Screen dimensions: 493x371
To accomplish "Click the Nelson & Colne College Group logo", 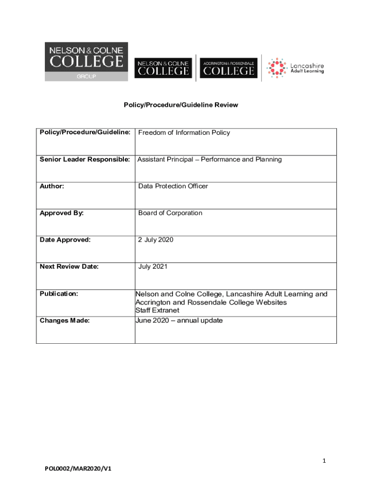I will [87, 62].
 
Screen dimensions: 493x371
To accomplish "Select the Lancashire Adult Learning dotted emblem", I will [277, 68].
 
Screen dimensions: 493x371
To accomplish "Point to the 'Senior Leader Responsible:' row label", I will [85, 159].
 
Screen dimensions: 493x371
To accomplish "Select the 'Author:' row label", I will [52, 186].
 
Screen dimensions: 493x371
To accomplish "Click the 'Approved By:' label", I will [62, 213].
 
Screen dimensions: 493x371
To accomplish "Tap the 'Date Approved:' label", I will [65, 240].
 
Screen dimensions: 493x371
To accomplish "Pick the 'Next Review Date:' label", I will [69, 267].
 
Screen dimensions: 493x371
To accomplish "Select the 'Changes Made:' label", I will [65, 320].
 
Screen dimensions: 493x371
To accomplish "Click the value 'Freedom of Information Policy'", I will [184, 132].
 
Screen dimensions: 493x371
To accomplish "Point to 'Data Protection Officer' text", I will [173, 186].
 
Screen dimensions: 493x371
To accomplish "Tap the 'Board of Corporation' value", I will [170, 213].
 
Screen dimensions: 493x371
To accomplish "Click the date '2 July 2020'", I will [156, 240].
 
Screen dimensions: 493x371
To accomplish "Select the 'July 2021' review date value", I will [153, 267].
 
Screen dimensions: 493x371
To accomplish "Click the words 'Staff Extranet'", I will [157, 311].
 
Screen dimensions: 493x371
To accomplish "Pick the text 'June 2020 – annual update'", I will [179, 320].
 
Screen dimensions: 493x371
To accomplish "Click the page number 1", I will [325, 461].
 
